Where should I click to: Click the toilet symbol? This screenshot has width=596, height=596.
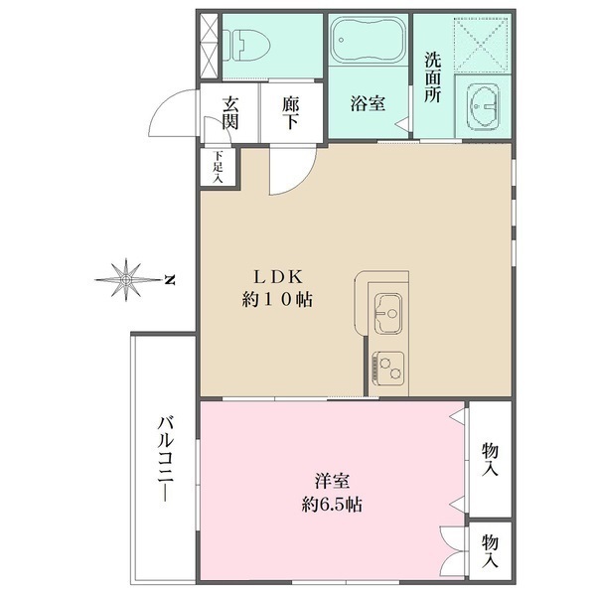pos(246,46)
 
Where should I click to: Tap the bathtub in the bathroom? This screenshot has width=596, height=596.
pos(368,39)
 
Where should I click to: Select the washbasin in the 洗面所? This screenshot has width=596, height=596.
pos(484,106)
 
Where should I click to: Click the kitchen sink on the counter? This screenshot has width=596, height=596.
pos(388,313)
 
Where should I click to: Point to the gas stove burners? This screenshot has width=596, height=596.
pos(388,369)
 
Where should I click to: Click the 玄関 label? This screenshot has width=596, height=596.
pos(230,113)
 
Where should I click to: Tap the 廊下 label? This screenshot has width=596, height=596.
pos(291,113)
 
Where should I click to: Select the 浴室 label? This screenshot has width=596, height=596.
pos(368,102)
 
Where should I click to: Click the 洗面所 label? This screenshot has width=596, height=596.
pos(433,77)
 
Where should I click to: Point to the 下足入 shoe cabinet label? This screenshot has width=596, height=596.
pos(219,167)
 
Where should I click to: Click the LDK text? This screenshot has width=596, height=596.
pos(278,277)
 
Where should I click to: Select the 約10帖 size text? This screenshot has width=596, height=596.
pos(278,300)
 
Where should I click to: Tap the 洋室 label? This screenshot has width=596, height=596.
pos(332,481)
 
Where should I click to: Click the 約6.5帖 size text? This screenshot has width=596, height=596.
pos(332,505)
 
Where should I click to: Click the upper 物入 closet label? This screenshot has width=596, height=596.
pos(490,460)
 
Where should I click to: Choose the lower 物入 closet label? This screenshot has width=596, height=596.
pos(490,550)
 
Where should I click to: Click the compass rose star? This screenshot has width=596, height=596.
pos(126,280)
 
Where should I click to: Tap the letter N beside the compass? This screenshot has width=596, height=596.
pos(170,280)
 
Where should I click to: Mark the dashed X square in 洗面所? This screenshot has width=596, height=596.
pos(481,45)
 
